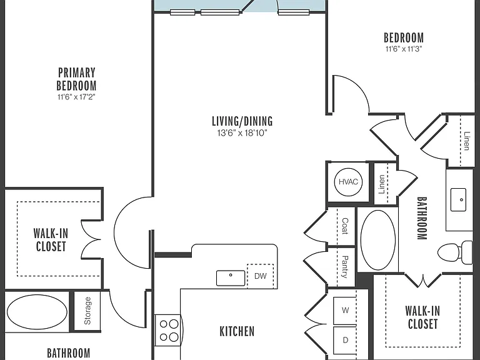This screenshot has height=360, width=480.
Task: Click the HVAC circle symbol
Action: tap(348, 182)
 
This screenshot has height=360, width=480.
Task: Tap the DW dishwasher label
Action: tap(261, 276)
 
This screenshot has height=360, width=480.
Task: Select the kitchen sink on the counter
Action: tap(231, 278)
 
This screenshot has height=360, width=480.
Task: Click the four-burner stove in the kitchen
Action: tap(167, 330)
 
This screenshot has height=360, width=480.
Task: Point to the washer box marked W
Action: tap(345, 311)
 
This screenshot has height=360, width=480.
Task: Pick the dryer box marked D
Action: tap(345, 340)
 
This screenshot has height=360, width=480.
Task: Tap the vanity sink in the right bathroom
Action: tap(458, 199)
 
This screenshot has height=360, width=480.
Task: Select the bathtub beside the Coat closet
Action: tap(378, 240)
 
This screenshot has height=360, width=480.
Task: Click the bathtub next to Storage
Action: tap(37, 312)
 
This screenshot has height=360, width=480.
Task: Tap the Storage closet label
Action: tap(87, 311)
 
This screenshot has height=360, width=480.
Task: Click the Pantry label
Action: tap(345, 267)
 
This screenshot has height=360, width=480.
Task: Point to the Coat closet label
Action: tap(345, 226)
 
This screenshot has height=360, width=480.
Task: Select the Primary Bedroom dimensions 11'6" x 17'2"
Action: tap(76, 97)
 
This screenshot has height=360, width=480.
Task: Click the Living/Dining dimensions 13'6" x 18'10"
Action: tap(242, 133)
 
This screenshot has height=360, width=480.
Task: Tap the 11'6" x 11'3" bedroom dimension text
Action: tap(404, 49)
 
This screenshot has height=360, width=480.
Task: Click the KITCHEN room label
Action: tap(237, 331)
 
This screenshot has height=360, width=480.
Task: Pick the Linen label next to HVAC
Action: tap(381, 184)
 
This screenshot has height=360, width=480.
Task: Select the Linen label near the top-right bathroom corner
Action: tap(466, 141)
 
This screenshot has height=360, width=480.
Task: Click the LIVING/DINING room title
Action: tap(242, 121)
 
